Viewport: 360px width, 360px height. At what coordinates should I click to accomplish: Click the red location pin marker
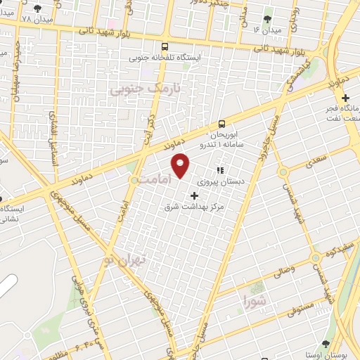pos(181,165)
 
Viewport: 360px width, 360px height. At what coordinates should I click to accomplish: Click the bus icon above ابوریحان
pos(222,122)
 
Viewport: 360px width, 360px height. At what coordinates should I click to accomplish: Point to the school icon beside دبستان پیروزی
pos(220,170)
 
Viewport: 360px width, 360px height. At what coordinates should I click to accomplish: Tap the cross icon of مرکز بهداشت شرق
pos(195,194)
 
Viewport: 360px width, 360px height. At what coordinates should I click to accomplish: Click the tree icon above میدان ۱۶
pos(266,20)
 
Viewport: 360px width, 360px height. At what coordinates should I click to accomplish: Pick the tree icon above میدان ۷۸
pos(37,8)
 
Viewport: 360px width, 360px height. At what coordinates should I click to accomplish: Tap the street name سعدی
pos(316,163)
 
